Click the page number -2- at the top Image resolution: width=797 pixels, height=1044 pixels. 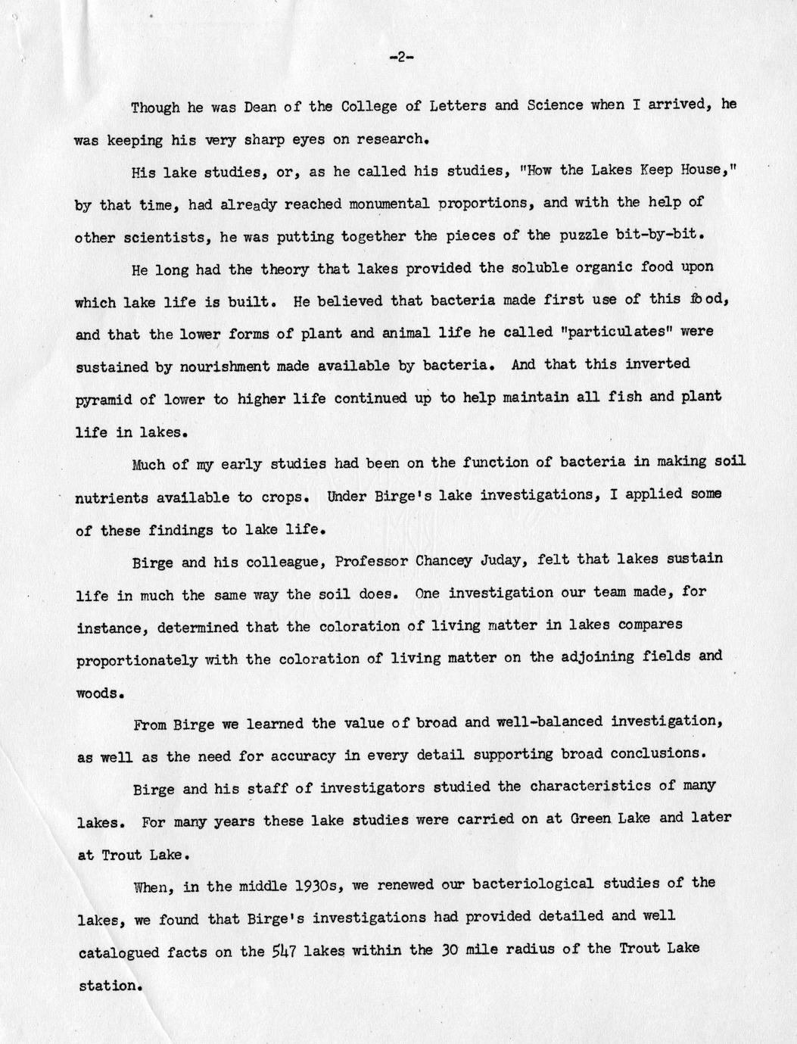[400, 58]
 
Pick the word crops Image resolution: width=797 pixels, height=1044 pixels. [285, 497]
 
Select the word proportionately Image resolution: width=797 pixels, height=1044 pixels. [137, 660]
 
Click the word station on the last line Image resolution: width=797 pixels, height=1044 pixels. [108, 986]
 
